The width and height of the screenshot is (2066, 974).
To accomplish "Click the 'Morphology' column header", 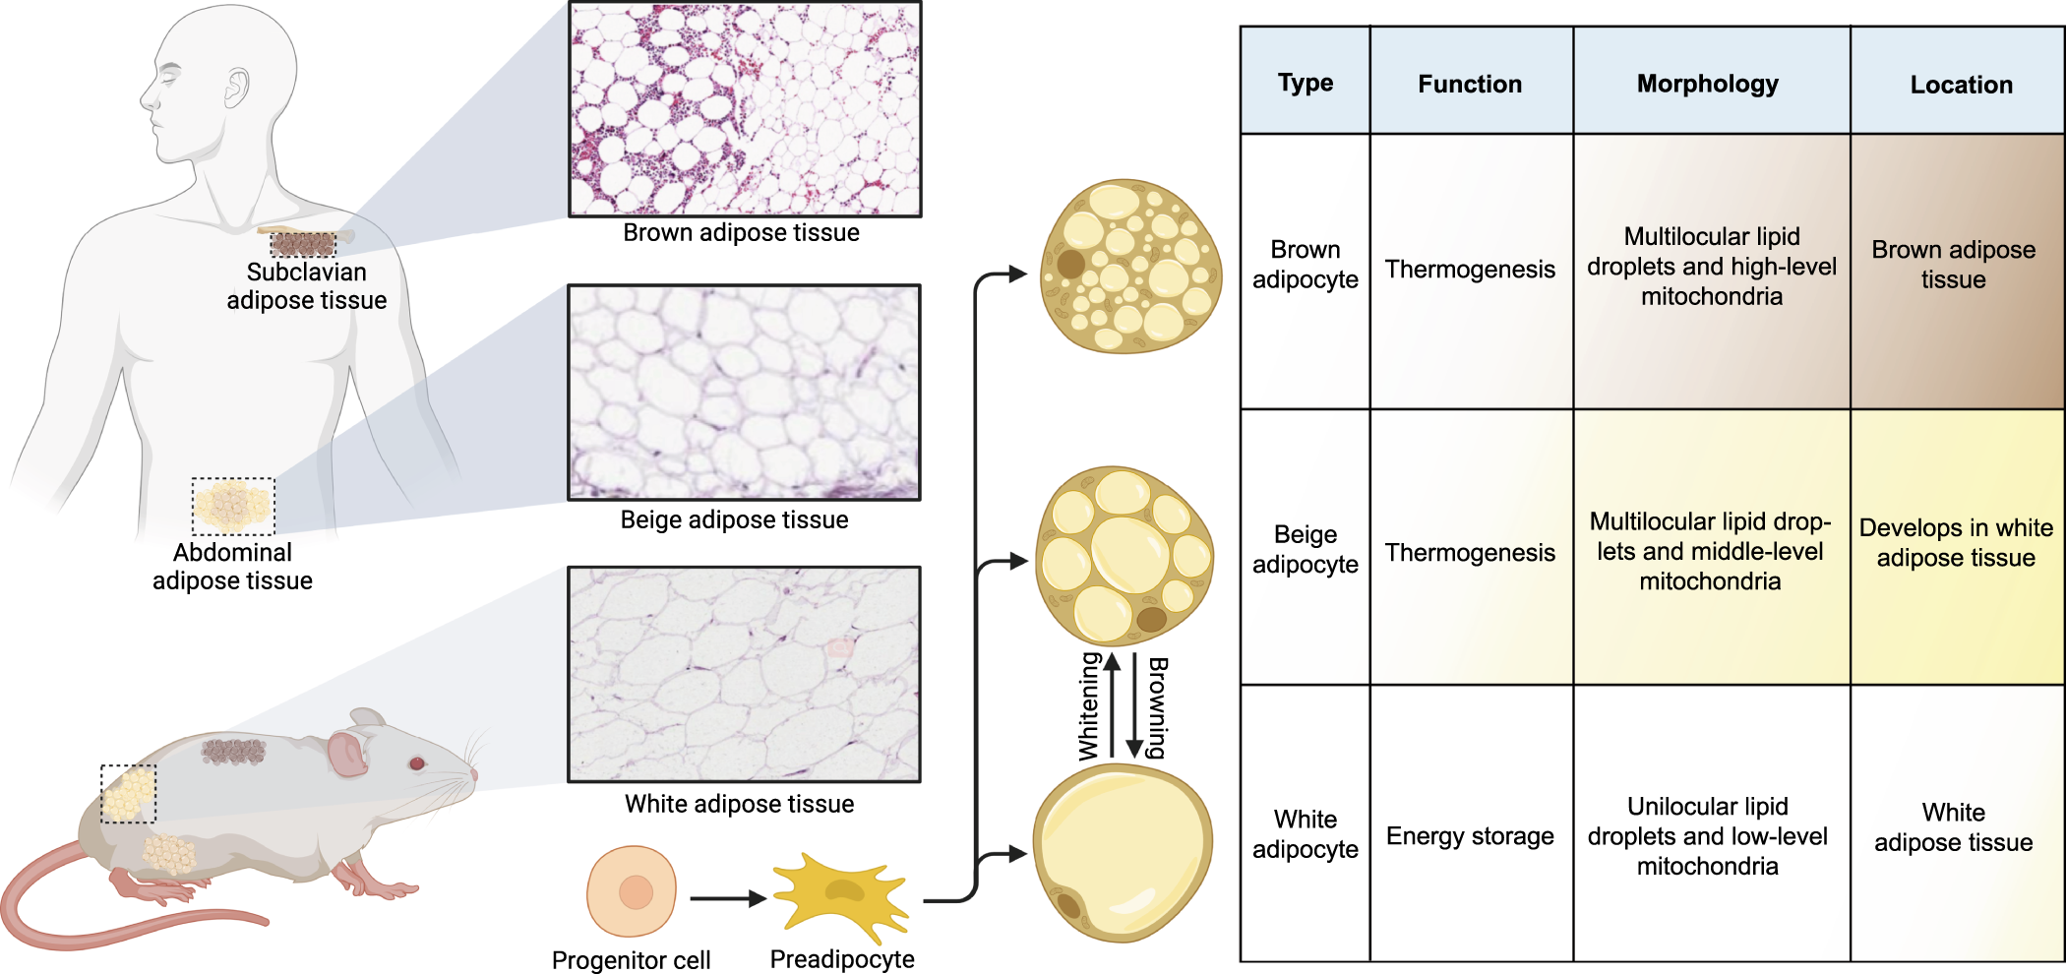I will click(x=1707, y=84).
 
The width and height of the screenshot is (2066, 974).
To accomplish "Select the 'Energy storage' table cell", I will click(x=1470, y=836).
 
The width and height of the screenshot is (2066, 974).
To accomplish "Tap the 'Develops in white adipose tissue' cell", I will click(x=1956, y=543).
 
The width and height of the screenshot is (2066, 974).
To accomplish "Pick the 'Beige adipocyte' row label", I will click(x=1305, y=549).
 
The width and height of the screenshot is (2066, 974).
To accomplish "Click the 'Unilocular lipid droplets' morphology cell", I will click(x=1708, y=836).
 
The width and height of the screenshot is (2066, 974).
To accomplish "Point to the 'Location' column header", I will click(x=1961, y=85).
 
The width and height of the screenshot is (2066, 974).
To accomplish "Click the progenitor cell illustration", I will click(x=632, y=891).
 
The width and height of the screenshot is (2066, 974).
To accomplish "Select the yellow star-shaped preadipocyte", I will click(x=841, y=892).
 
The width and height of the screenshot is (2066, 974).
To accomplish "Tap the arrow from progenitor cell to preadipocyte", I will click(x=727, y=898).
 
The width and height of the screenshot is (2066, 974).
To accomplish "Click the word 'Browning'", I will click(x=1158, y=707).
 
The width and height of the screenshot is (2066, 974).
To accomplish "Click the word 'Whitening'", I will click(x=1088, y=707).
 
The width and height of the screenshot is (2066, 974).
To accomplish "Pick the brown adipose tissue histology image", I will click(x=745, y=108).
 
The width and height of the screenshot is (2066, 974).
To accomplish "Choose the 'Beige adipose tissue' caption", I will click(x=734, y=519).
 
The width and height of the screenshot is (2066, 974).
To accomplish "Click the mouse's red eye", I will click(x=417, y=763).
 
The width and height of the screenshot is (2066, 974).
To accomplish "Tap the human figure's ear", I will click(x=236, y=89).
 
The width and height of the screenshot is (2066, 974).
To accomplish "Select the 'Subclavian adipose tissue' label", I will click(x=306, y=286).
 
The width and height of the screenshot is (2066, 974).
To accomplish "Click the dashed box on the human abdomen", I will click(x=233, y=506).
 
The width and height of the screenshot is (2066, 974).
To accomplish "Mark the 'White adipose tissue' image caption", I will click(x=739, y=804).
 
